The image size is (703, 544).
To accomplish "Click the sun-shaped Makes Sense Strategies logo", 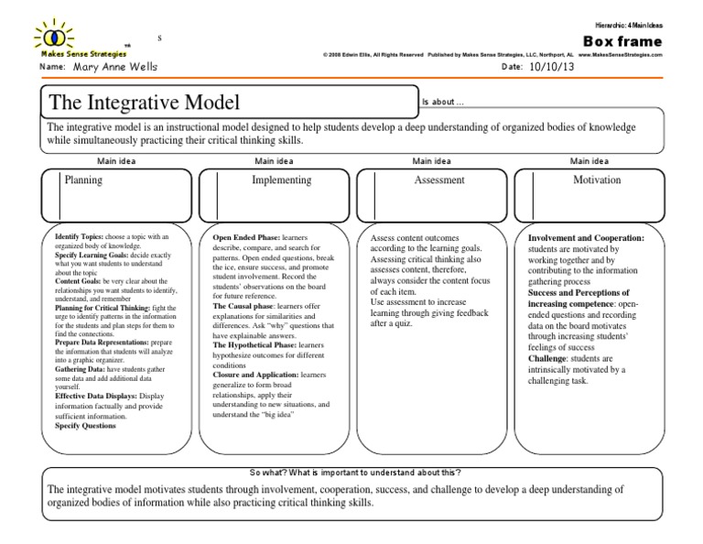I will (54, 36).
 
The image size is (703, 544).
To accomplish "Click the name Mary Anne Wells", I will (115, 68).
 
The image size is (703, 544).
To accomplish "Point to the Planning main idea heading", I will (83, 181).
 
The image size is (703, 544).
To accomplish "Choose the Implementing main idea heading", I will (281, 181).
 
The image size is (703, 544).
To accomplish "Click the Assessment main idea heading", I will (439, 181).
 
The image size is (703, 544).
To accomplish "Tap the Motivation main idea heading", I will (597, 181).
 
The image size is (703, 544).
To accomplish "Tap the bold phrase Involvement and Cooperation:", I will (587, 237).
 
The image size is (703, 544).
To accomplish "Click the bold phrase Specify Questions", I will (86, 426).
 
